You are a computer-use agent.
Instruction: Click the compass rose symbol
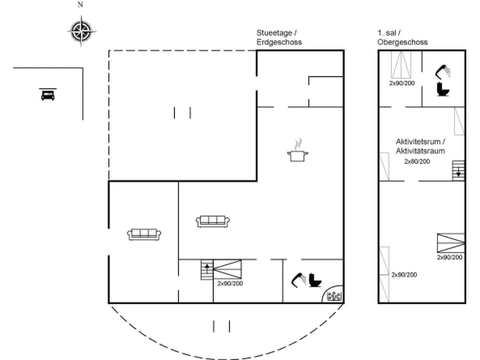coord(81,30)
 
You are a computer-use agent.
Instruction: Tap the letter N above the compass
coord(80,5)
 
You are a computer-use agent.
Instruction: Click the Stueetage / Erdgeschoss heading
coord(279,37)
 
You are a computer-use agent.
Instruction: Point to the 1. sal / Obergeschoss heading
coord(402,37)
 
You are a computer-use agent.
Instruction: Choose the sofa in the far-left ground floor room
coord(144,233)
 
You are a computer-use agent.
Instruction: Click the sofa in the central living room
coord(213,221)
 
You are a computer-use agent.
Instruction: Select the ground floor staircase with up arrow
coord(207,270)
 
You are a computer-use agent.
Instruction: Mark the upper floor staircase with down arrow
coord(458,170)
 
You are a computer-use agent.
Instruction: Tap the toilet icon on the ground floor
coord(314,280)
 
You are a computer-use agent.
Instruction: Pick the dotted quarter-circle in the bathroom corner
coord(333,295)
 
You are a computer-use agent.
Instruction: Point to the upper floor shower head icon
coord(442,71)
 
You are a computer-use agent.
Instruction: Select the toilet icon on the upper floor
coord(443,89)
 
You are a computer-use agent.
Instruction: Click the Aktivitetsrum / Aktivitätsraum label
coord(420,146)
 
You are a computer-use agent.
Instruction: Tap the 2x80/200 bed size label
coord(417,161)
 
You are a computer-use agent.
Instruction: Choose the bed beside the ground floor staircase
coord(227,270)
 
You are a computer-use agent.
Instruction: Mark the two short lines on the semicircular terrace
coord(221,326)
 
